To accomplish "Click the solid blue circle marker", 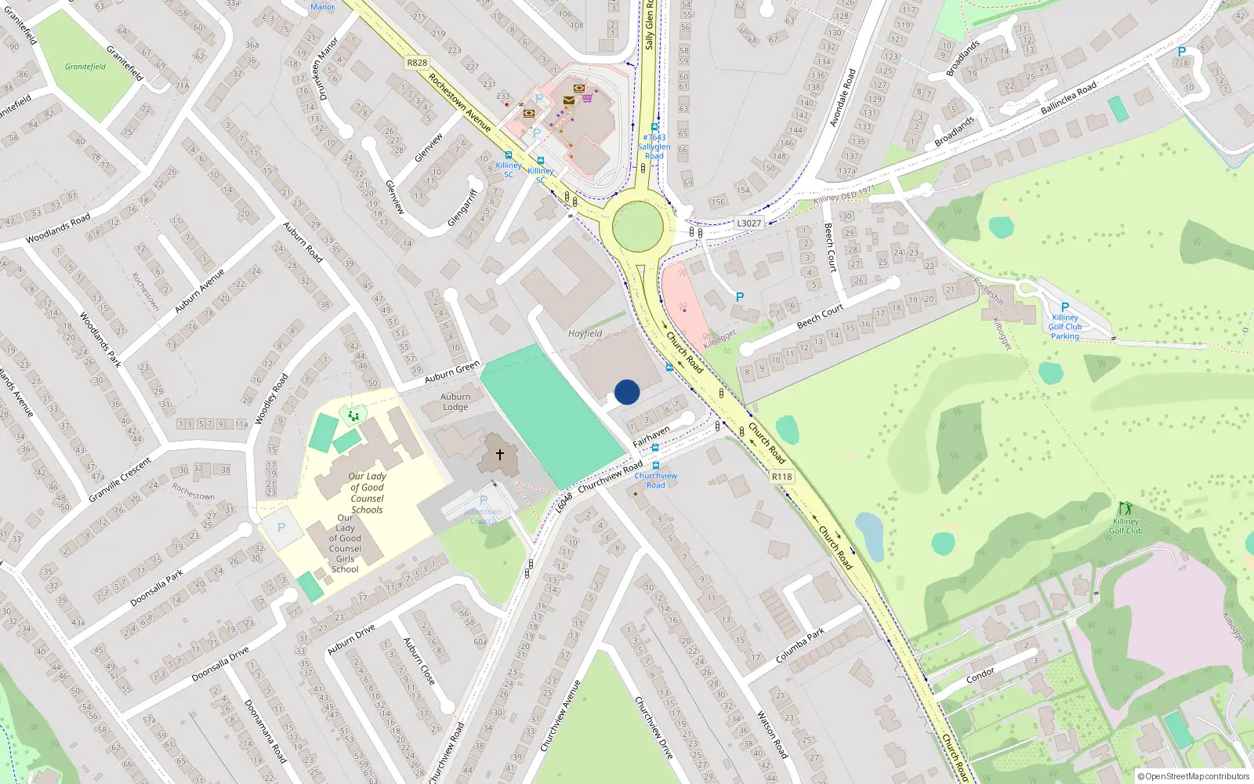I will pyautogui.click(x=627, y=392).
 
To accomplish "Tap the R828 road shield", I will pyautogui.click(x=417, y=63).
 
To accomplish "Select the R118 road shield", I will pyautogui.click(x=781, y=476).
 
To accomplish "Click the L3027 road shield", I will pyautogui.click(x=748, y=223).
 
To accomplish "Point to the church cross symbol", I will pyautogui.click(x=499, y=454).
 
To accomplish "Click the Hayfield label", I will pyautogui.click(x=585, y=333).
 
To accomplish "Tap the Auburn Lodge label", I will pyautogui.click(x=455, y=401).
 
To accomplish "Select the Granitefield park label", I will pyautogui.click(x=85, y=67).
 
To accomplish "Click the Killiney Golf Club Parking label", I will pyautogui.click(x=1064, y=327).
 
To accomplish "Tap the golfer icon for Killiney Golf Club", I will pyautogui.click(x=1126, y=508).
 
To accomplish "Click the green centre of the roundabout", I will pyautogui.click(x=638, y=227).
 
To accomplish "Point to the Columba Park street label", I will pyautogui.click(x=799, y=644).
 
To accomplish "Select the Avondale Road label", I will pyautogui.click(x=843, y=98).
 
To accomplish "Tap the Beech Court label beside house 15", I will pyautogui.click(x=820, y=316).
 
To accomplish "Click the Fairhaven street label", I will pyautogui.click(x=651, y=436).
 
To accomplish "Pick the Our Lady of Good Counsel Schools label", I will pyautogui.click(x=367, y=492).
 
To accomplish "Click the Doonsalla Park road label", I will pyautogui.click(x=157, y=587).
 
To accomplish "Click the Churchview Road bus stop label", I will pyautogui.click(x=656, y=480).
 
